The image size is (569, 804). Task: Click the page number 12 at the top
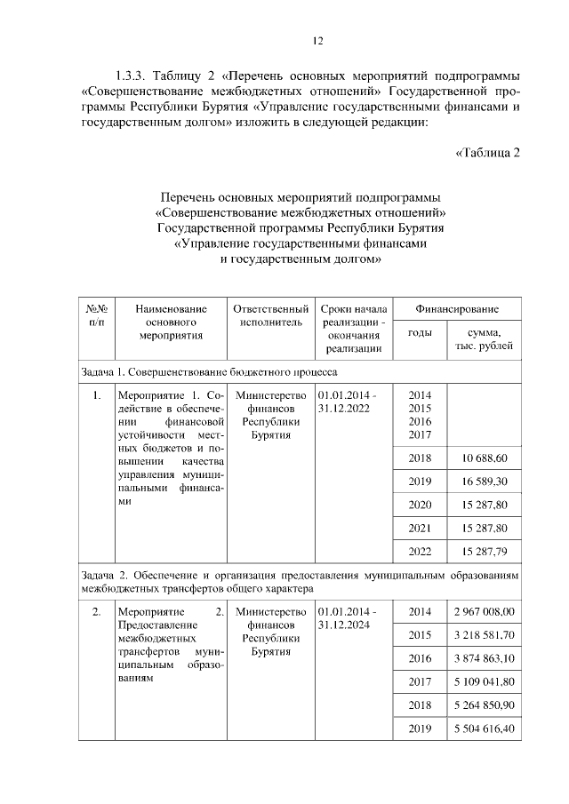(x=317, y=40)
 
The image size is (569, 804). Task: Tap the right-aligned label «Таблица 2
(x=487, y=152)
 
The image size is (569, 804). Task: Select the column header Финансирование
(x=457, y=308)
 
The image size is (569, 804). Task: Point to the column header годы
(x=420, y=333)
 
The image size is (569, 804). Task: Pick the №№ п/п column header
(x=96, y=315)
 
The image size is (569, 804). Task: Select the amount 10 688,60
(x=485, y=458)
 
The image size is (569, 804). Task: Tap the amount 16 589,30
(x=485, y=481)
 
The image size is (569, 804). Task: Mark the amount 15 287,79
(x=485, y=551)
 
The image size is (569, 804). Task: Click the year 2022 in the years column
(x=420, y=551)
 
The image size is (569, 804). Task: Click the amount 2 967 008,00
(x=483, y=612)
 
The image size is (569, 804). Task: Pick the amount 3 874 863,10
(x=483, y=658)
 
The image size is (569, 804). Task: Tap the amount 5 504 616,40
(x=483, y=728)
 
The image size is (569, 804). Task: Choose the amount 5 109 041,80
(x=483, y=682)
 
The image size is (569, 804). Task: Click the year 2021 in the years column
(x=420, y=528)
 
